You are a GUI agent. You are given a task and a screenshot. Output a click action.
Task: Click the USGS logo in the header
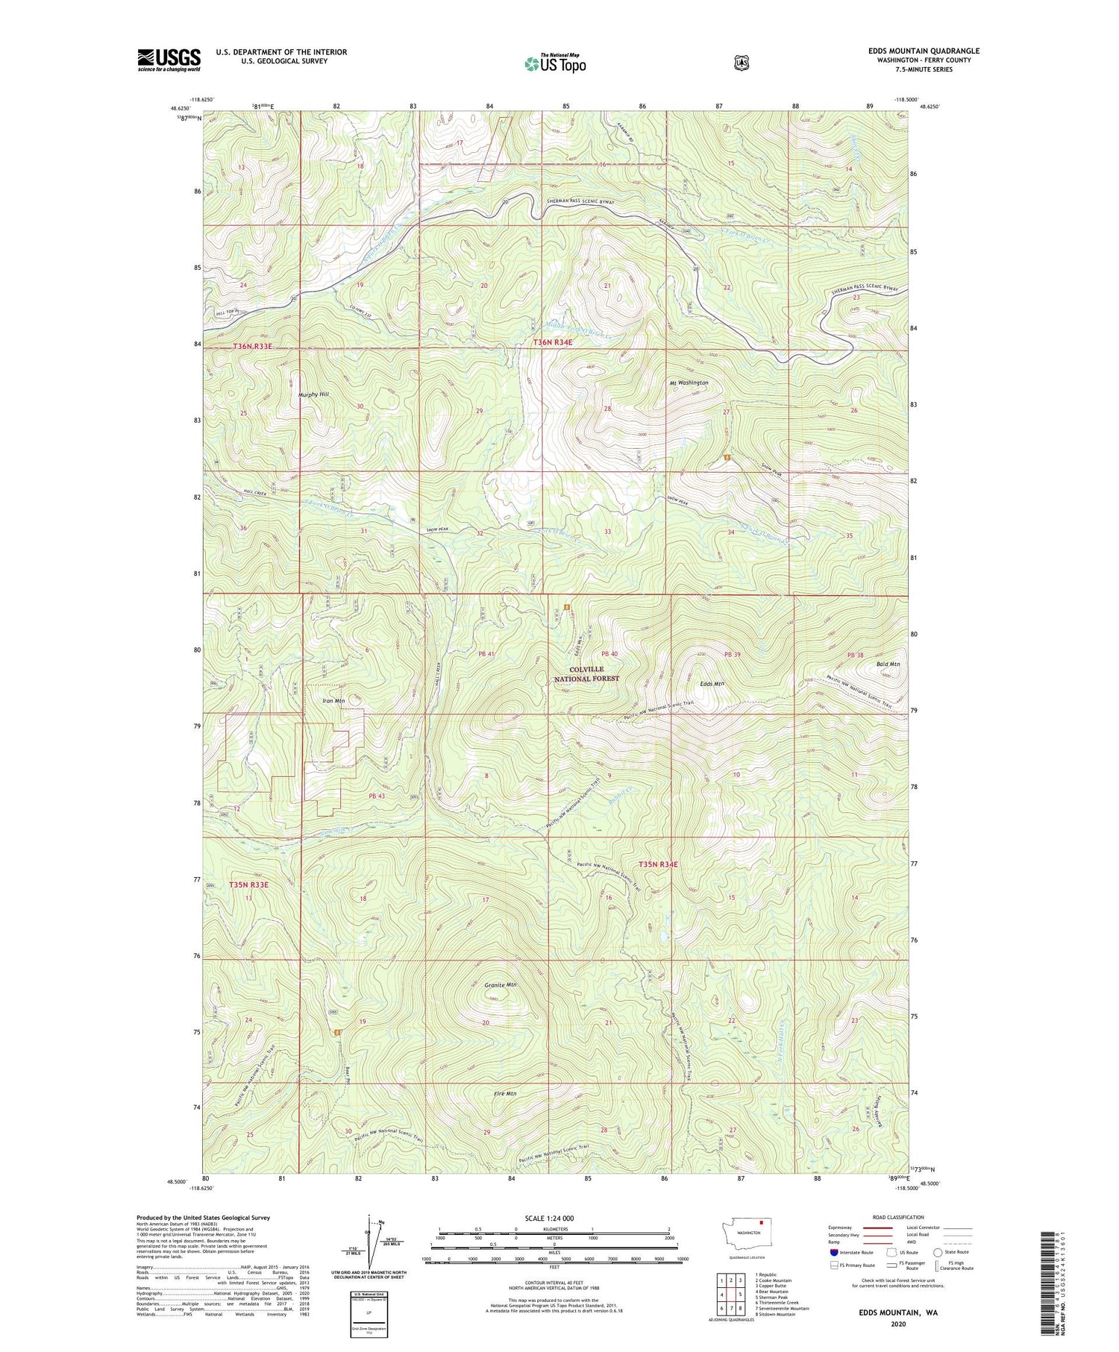pos(169,60)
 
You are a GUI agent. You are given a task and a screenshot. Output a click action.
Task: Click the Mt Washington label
pos(688,383)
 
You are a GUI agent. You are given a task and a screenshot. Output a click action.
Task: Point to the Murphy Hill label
pos(314,394)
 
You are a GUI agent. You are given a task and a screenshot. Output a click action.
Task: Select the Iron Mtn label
pos(333,701)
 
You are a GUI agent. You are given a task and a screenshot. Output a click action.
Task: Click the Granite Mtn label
pos(500,985)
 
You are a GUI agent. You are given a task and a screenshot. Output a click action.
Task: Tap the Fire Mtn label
pos(505,1094)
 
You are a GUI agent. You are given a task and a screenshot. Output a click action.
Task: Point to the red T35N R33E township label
pos(248,884)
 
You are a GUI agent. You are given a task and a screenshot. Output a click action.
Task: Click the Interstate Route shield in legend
pos(833,1252)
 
